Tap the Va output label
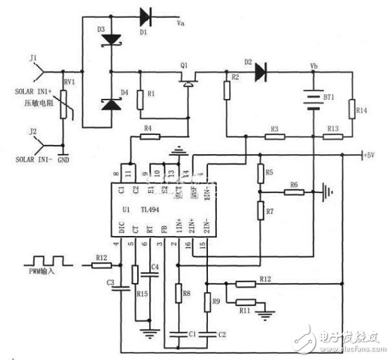point(181,23)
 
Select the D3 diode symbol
point(111,40)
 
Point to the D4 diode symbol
point(111,104)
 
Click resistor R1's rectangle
point(140,101)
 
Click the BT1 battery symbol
point(313,97)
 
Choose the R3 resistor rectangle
point(275,137)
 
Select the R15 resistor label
point(142,294)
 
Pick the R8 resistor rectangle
point(179,294)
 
